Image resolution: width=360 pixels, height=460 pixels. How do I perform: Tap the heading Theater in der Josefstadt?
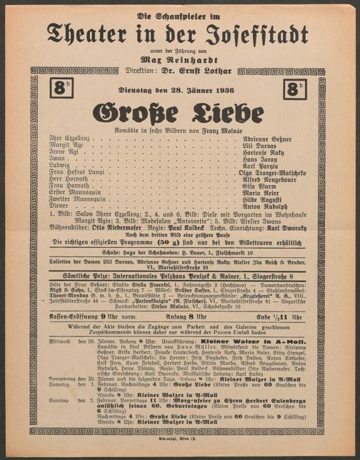(179, 32)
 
